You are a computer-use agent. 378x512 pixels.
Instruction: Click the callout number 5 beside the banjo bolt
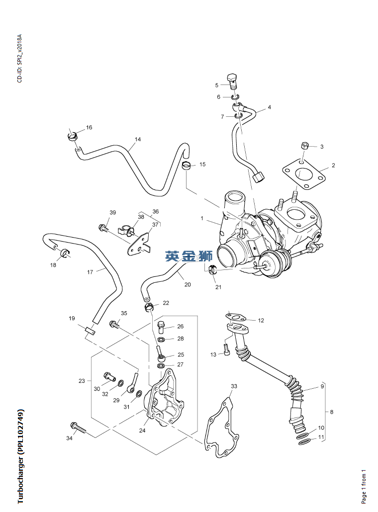click(217, 85)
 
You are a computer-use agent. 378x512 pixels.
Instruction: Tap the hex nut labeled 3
click(306, 146)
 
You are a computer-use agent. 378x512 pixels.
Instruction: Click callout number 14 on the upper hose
click(138, 140)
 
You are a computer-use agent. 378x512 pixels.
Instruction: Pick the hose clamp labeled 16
click(73, 135)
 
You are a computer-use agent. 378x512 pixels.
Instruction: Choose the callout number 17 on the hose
click(90, 272)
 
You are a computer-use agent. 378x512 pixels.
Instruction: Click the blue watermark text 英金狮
click(189, 256)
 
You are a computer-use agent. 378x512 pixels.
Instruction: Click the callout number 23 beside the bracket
click(82, 381)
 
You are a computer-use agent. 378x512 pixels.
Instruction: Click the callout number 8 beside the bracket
click(332, 412)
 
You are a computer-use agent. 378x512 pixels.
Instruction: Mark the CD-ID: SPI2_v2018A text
click(19, 58)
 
